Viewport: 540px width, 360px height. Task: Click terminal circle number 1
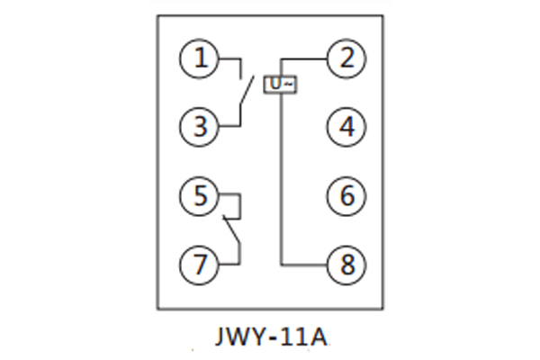201,60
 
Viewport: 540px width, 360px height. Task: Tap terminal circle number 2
346,60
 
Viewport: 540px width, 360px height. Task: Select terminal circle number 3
201,126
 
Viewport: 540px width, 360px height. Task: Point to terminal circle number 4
346,126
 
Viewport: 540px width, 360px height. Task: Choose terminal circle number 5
201,193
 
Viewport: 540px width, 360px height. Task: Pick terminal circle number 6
346,193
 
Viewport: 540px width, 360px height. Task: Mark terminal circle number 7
201,263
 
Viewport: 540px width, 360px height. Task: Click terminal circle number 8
346,263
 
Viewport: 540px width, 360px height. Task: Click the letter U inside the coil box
275,85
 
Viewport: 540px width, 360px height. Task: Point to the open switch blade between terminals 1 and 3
246,91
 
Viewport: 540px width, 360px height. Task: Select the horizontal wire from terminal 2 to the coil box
306,60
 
